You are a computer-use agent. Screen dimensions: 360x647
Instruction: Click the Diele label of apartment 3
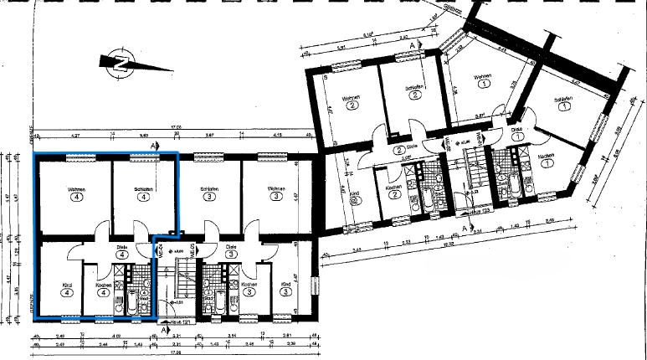(x=230, y=247)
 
